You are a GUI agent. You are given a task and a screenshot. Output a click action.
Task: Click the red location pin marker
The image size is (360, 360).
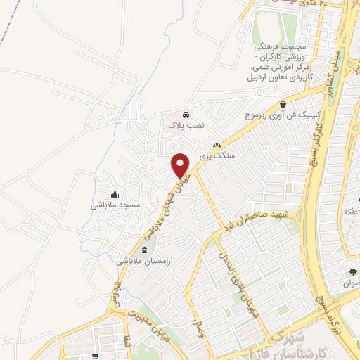(x=181, y=165)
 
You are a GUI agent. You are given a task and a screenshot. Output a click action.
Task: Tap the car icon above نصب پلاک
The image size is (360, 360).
(x=184, y=114)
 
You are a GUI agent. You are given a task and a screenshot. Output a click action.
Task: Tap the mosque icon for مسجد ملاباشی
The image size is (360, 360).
(x=115, y=194)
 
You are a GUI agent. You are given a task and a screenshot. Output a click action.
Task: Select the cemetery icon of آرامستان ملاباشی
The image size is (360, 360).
(x=146, y=250)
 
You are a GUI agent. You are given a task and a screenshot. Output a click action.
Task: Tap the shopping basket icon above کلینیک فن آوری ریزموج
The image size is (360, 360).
(x=283, y=104)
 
